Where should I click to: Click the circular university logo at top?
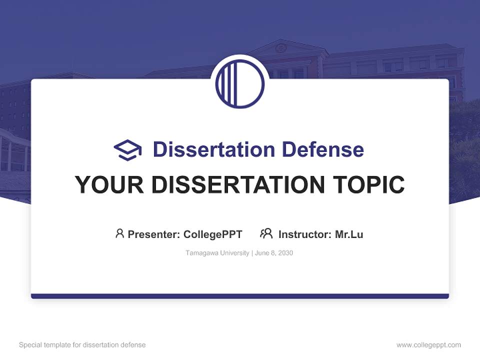coord(240,83)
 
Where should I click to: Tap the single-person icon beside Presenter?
coord(119,233)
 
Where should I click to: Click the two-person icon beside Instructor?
coord(266,233)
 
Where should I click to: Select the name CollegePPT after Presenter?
coord(213,234)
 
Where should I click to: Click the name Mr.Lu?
coord(349,234)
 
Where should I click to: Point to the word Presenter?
coord(154,234)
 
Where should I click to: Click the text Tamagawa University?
coord(217,253)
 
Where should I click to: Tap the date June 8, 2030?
coord(274,253)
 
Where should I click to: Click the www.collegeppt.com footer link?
coord(428,345)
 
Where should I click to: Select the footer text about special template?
coord(82,345)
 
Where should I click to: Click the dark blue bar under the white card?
coord(240,296)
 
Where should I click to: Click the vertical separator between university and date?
coord(252,253)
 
